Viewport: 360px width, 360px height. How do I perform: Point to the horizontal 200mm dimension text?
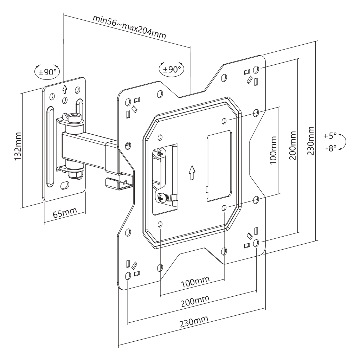pos(195,301)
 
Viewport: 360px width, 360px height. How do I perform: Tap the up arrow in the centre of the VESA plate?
pos(191,173)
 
